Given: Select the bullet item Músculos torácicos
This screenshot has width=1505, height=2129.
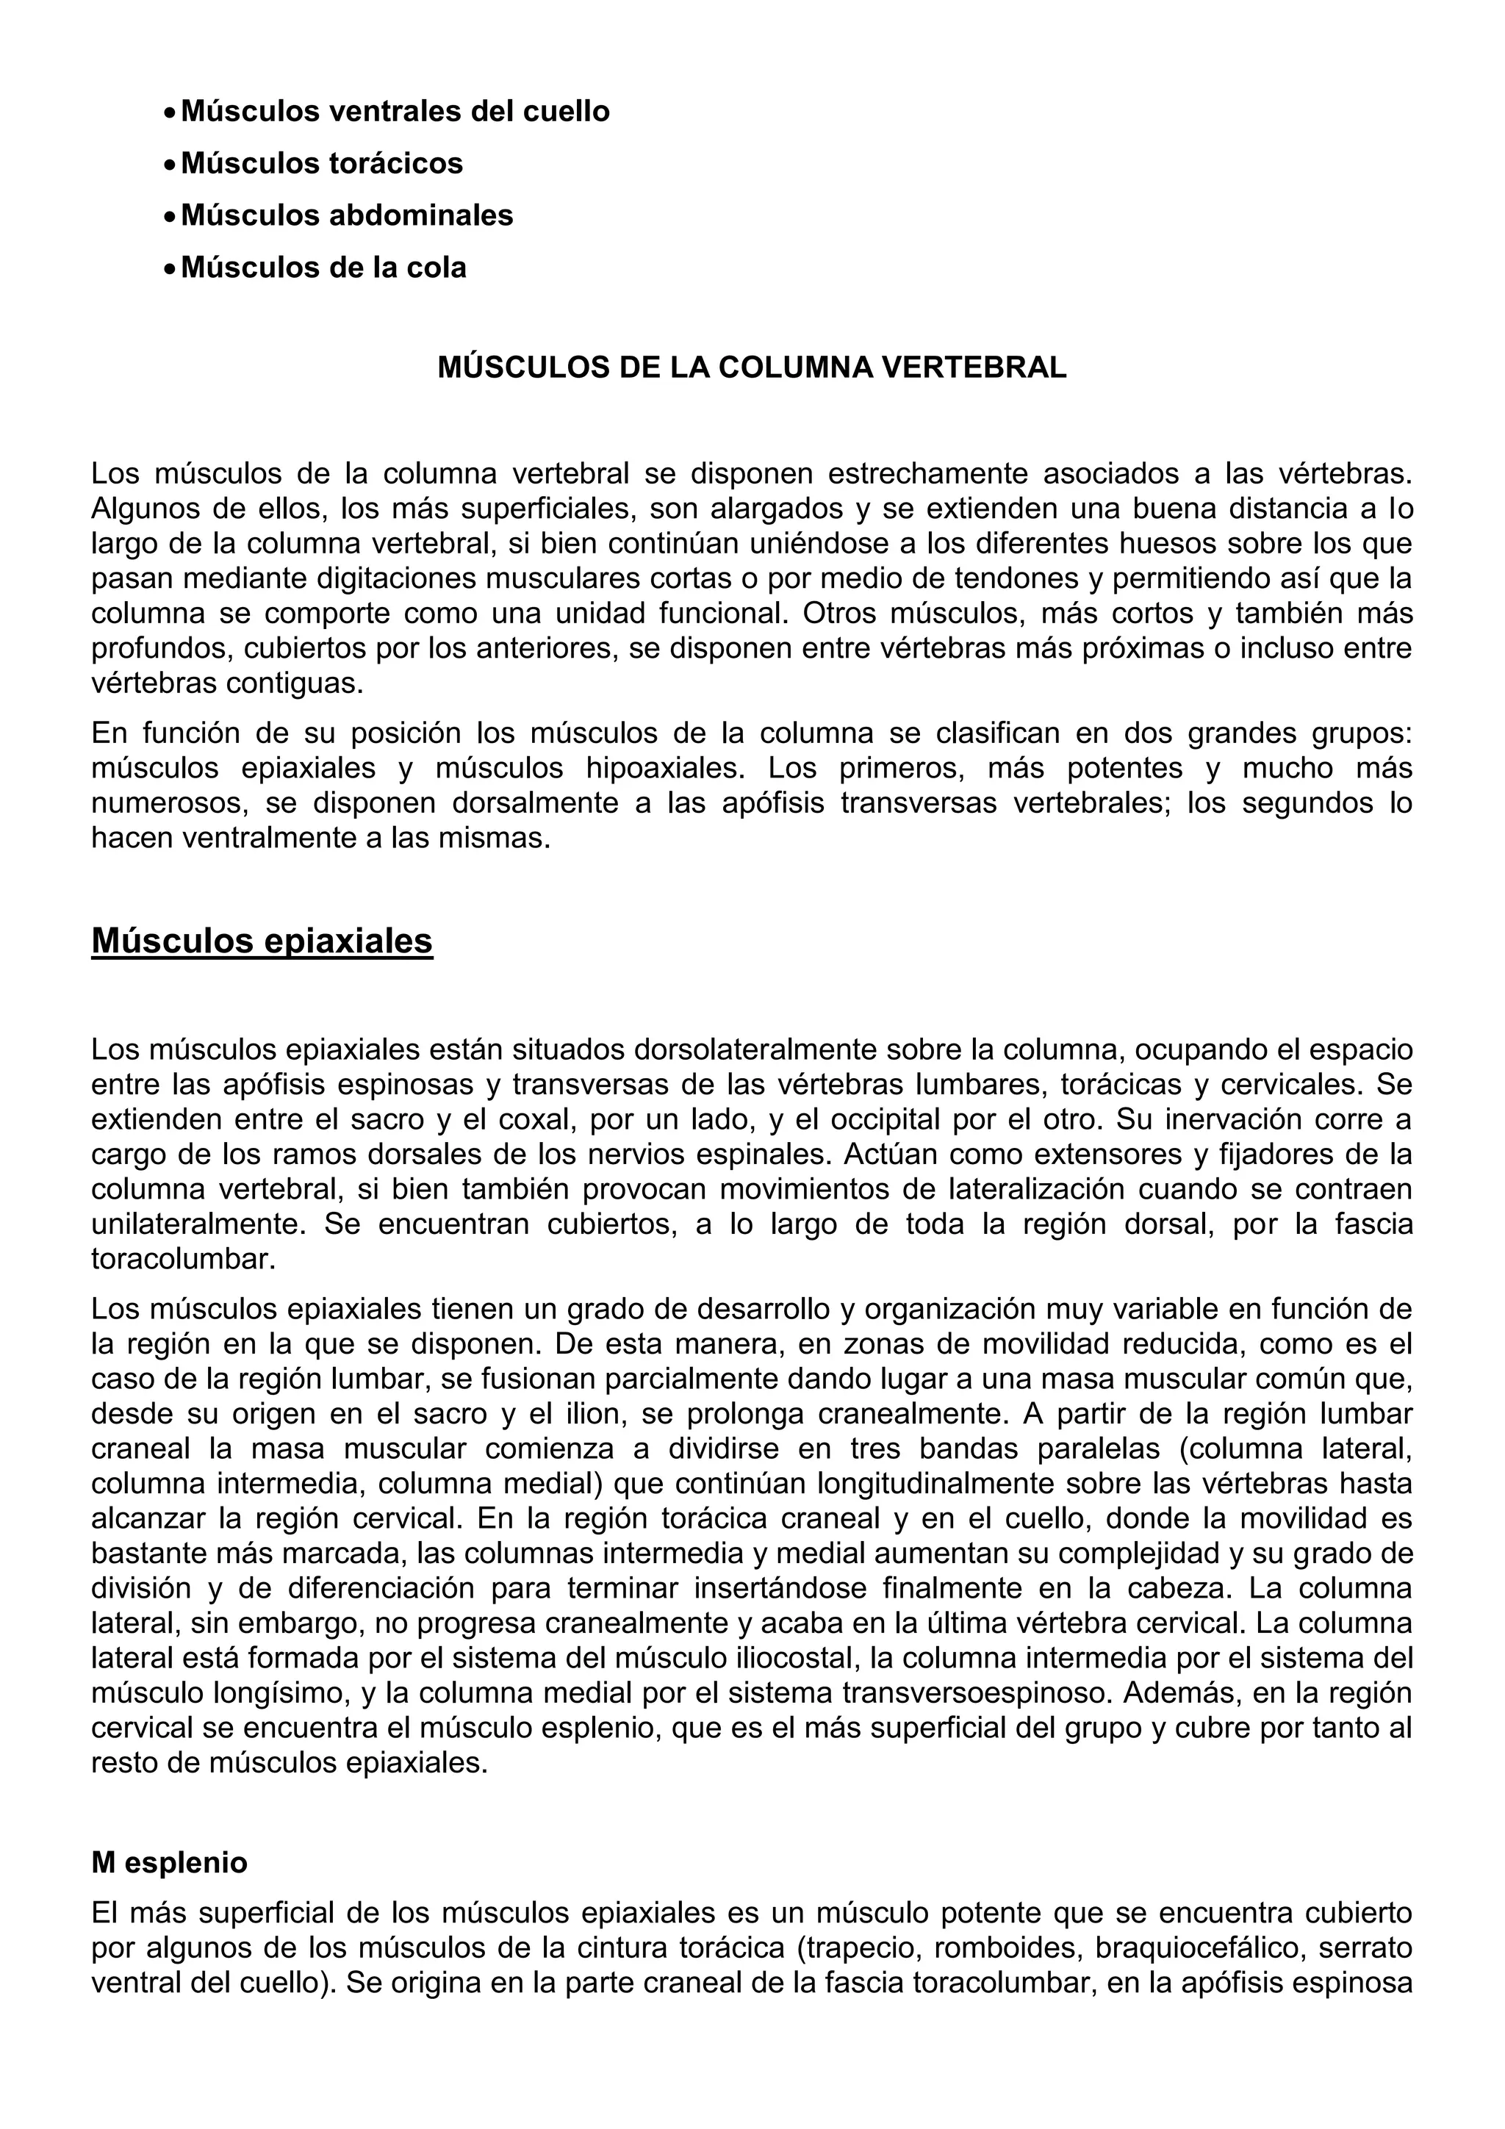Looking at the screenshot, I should point(322,163).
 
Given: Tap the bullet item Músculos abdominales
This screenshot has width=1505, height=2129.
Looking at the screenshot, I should point(347,215).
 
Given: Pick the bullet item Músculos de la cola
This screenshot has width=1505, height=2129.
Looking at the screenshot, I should point(323,267).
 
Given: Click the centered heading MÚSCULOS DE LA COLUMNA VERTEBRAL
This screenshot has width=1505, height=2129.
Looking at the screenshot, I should point(752,368).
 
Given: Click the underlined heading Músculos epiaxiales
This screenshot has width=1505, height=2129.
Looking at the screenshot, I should point(262,940).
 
